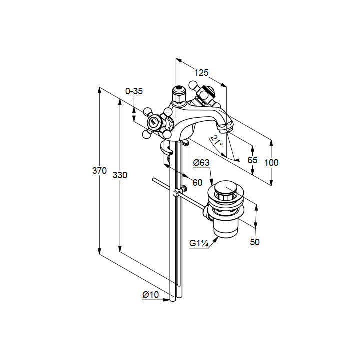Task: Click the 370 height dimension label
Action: click(x=99, y=171)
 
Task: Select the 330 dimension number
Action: click(x=120, y=175)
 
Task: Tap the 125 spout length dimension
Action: click(x=201, y=73)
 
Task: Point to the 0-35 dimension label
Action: click(x=134, y=91)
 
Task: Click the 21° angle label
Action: click(x=216, y=140)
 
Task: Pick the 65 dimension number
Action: click(x=252, y=160)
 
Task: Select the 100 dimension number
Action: click(x=271, y=163)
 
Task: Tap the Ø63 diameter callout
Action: click(x=201, y=163)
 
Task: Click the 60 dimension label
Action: click(x=197, y=183)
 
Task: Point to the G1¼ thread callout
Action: click(x=199, y=243)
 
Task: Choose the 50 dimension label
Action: click(x=255, y=242)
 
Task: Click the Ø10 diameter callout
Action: click(x=150, y=295)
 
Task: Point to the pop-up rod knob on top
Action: click(x=178, y=89)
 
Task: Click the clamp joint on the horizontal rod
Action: click(x=176, y=193)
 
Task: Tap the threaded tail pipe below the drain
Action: click(x=226, y=228)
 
